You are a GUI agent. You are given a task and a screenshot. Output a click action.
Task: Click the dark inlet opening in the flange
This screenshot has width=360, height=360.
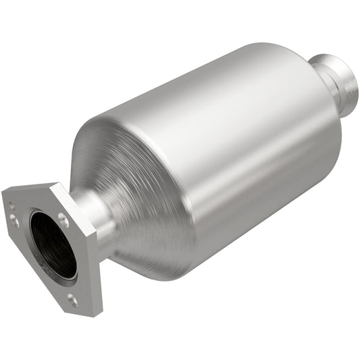coord(53,244)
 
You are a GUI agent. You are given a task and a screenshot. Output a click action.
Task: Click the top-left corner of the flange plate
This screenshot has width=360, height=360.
coord(5,196)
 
